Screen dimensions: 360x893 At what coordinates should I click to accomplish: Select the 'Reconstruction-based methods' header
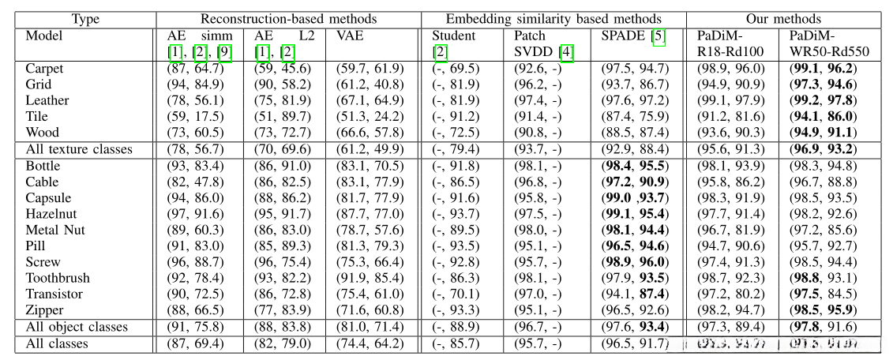[288, 18]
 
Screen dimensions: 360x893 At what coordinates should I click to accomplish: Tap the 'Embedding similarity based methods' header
[553, 18]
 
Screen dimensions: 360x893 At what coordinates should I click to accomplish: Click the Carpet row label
[44, 69]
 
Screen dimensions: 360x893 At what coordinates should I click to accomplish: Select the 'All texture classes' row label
[79, 149]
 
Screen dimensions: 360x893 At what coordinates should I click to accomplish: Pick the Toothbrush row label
[58, 278]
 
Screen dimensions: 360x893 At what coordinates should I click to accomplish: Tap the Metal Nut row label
[55, 230]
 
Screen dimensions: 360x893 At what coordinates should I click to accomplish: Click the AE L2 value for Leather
[280, 100]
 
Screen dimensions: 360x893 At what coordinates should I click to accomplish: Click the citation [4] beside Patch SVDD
[567, 52]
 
